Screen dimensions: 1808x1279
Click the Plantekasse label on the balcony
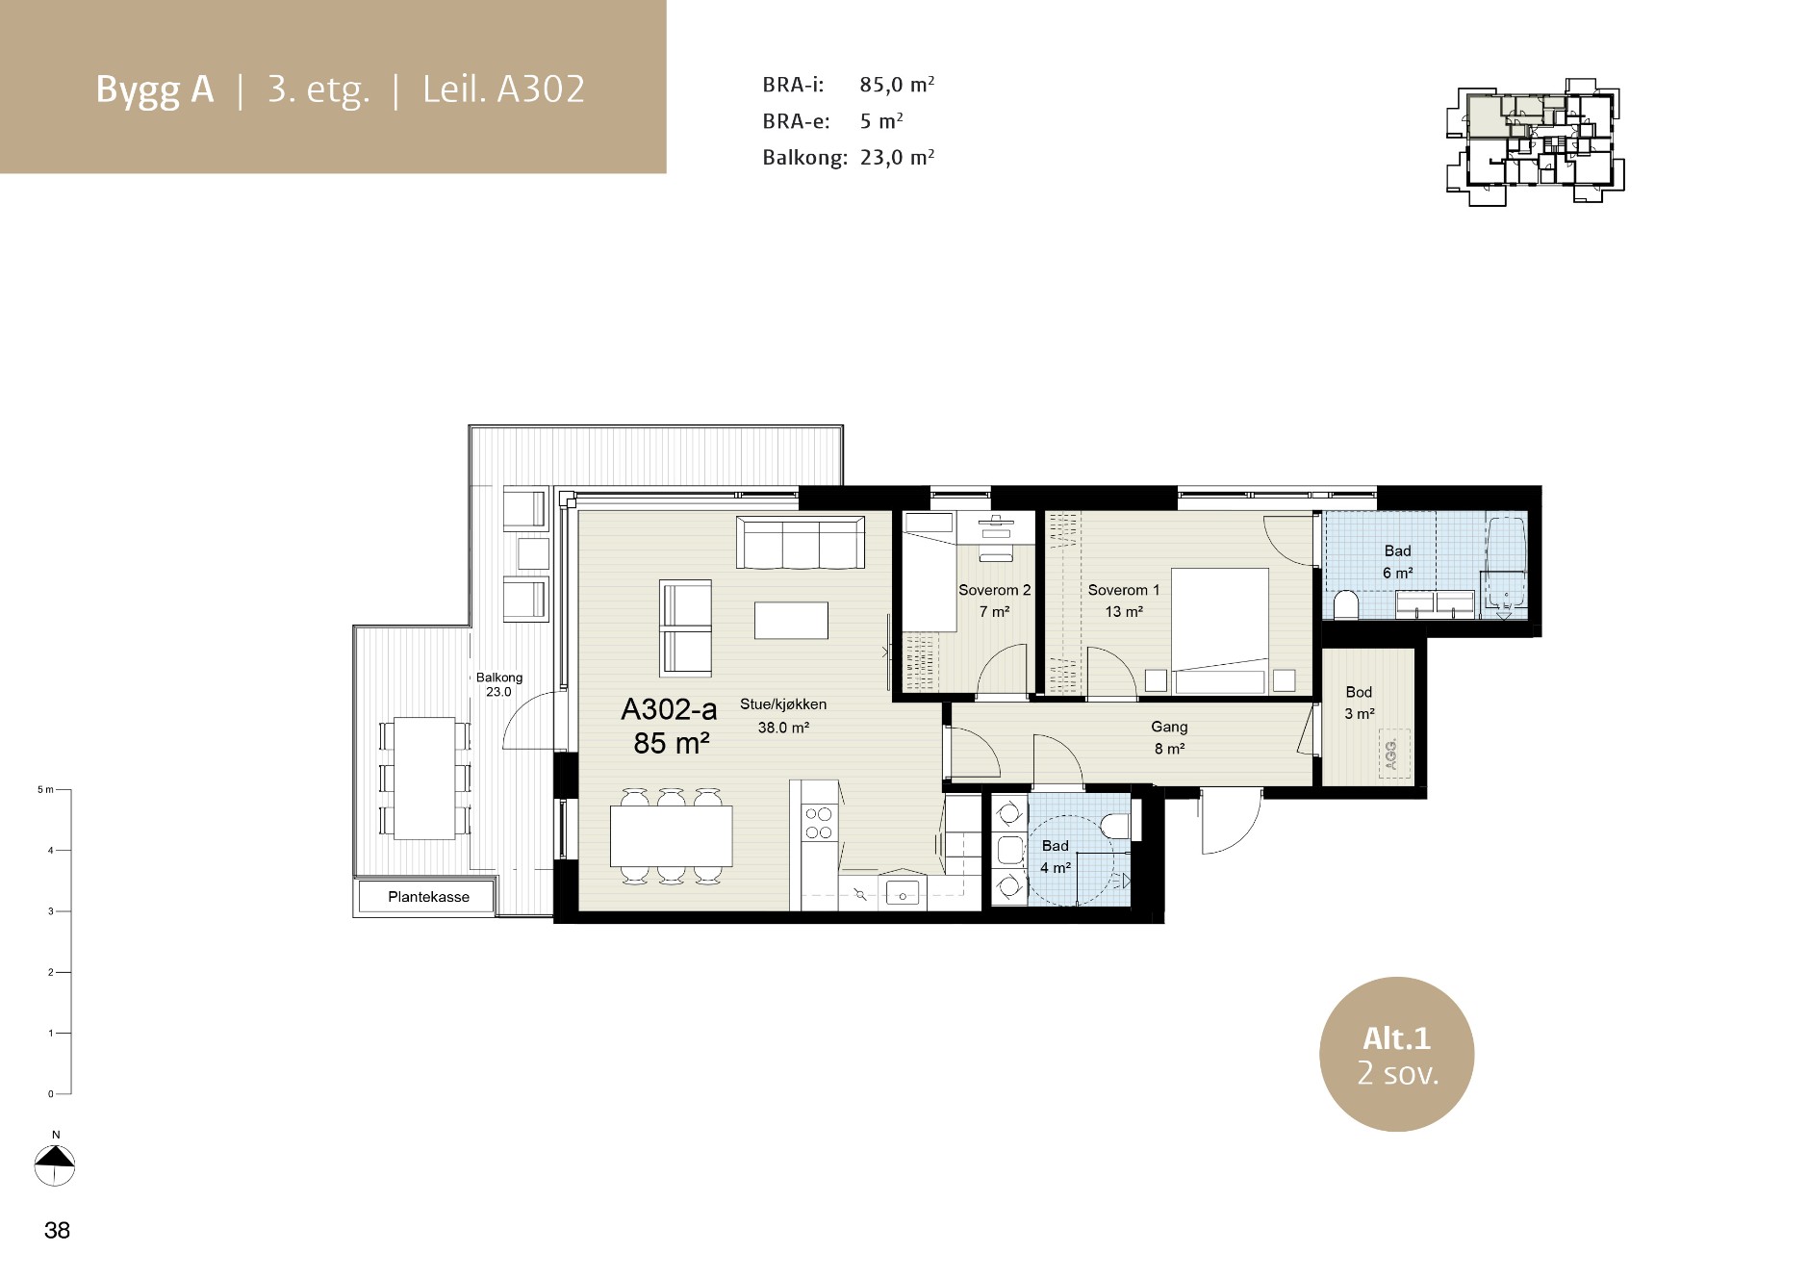click(x=428, y=897)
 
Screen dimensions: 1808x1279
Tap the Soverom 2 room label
click(x=994, y=590)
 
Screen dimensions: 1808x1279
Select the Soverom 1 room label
click(x=1123, y=590)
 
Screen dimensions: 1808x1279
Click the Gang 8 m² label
click(x=1169, y=737)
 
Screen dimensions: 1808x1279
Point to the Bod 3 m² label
click(x=1359, y=703)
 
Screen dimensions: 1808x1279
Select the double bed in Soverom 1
click(x=1219, y=630)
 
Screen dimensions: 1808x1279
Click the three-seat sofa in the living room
click(x=799, y=542)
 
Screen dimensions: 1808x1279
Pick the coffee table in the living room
click(x=791, y=620)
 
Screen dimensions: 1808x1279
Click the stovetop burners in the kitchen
click(x=819, y=823)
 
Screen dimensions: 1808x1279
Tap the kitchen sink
click(x=903, y=892)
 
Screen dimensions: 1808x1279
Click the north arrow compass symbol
click(x=55, y=1164)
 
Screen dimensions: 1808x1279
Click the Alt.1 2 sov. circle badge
click(x=1396, y=1053)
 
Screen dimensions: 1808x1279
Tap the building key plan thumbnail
click(x=1536, y=145)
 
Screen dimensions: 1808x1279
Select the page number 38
click(x=57, y=1230)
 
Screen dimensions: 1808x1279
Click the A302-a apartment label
click(x=670, y=710)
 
